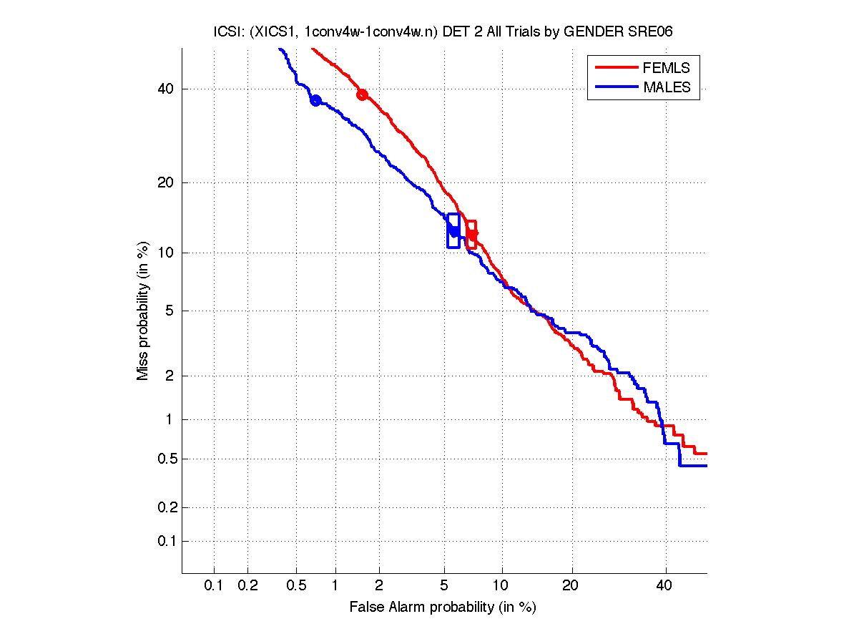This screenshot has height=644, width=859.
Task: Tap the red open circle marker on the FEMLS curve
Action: point(363,95)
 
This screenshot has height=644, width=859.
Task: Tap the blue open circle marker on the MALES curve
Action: point(315,100)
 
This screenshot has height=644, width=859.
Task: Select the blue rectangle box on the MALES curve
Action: point(453,230)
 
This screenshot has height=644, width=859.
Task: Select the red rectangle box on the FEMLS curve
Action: point(471,234)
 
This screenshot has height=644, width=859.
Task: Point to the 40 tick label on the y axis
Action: point(165,89)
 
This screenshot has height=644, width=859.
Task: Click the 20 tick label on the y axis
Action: point(165,182)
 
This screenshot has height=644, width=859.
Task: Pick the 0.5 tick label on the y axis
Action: point(162,459)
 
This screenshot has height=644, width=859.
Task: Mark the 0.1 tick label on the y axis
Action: point(162,541)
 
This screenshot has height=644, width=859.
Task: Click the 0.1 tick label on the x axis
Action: point(214,586)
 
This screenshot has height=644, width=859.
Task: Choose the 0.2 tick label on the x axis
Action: point(247,586)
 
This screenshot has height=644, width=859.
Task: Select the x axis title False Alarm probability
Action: point(443,608)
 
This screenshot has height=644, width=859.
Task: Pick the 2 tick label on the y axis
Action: point(169,376)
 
